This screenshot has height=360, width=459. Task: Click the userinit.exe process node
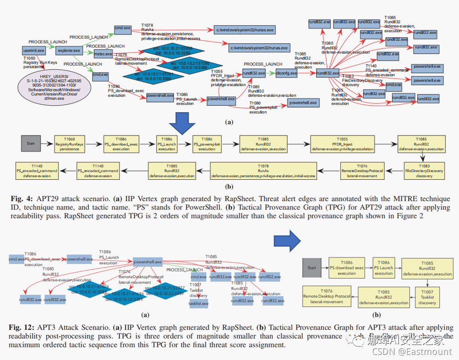click(34, 50)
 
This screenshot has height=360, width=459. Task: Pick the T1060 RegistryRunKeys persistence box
click(68, 143)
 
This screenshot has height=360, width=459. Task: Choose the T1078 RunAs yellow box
click(263, 170)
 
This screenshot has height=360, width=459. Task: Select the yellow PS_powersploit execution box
click(207, 143)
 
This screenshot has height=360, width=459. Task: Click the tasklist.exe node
click(198, 303)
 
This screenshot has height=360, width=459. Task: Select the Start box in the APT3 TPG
click(311, 268)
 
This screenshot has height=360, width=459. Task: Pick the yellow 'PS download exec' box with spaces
click(347, 268)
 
